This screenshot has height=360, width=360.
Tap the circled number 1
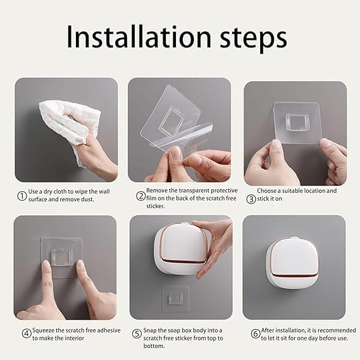(22, 196)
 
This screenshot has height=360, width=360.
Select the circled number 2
(140, 196)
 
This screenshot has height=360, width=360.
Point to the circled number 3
(251, 199)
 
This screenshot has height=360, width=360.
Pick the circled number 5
(137, 334)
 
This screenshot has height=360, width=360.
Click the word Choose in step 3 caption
(268, 190)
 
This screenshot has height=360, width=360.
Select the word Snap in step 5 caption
(154, 330)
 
